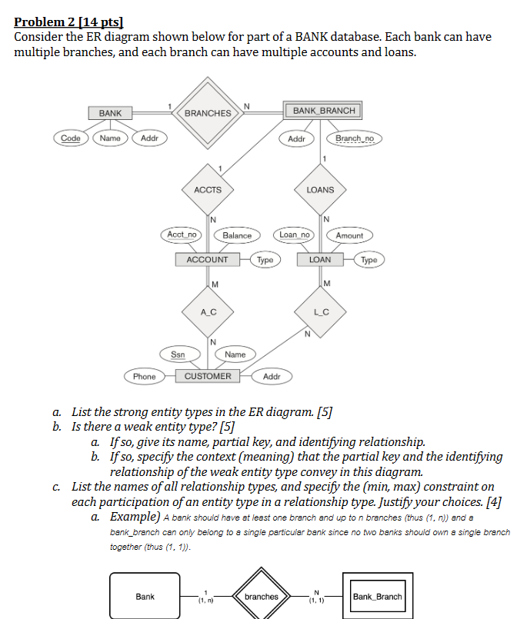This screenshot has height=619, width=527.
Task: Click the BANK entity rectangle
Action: click(x=110, y=113)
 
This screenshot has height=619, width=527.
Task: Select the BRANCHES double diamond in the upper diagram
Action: click(x=208, y=113)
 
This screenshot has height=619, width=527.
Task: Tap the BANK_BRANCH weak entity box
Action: click(x=324, y=111)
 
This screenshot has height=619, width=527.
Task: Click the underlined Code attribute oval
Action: click(x=71, y=138)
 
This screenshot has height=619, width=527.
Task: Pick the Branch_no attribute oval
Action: click(x=354, y=138)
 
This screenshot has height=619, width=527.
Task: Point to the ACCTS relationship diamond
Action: click(x=208, y=189)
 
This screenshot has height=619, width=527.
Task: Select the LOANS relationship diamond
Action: click(x=320, y=189)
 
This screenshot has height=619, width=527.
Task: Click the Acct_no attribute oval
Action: click(x=182, y=234)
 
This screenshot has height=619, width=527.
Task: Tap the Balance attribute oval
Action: click(x=237, y=235)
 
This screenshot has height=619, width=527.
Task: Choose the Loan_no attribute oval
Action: click(x=295, y=234)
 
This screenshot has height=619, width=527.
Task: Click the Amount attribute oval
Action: click(x=349, y=235)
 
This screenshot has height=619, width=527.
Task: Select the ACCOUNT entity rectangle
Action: click(x=208, y=260)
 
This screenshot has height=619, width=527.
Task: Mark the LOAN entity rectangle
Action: click(x=320, y=260)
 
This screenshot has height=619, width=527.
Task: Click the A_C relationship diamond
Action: click(x=208, y=311)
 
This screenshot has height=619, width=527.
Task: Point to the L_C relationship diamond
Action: click(x=320, y=311)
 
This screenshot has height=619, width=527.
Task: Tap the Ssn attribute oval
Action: click(x=178, y=354)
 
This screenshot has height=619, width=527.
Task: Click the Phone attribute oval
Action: click(x=144, y=377)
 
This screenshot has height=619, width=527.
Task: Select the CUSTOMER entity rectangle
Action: click(x=208, y=376)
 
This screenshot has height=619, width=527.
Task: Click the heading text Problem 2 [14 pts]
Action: click(x=68, y=22)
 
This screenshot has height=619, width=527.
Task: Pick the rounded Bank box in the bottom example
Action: click(x=145, y=596)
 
